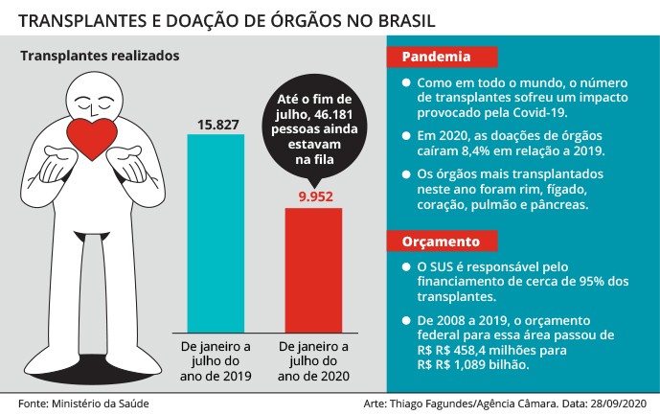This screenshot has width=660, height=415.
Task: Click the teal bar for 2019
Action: point(216,230)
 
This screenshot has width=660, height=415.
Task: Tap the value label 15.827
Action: point(216,124)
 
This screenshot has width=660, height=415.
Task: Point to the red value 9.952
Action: point(313,196)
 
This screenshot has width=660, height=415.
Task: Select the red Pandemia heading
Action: point(429,58)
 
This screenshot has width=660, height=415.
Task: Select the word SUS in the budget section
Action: point(444,266)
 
